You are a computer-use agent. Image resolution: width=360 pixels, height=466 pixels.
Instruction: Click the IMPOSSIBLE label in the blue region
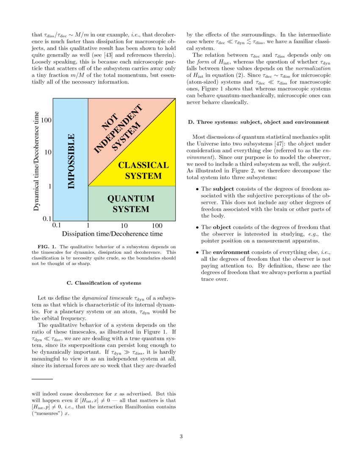[x=71, y=161]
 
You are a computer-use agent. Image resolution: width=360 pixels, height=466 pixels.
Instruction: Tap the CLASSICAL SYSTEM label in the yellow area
[x=143, y=170]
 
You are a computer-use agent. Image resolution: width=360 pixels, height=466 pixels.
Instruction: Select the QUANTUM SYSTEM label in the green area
[x=130, y=204]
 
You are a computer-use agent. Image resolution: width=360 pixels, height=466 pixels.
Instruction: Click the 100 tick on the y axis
[x=46, y=121]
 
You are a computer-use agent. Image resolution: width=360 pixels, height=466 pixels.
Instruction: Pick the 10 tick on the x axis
[x=125, y=226]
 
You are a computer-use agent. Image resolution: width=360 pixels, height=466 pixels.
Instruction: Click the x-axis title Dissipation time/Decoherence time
[x=112, y=234]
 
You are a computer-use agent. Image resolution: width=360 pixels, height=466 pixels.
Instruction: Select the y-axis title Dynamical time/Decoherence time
[x=36, y=161]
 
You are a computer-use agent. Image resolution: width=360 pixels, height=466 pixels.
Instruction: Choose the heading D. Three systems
[x=258, y=122]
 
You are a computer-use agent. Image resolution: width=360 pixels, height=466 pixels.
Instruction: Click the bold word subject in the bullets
[x=223, y=189]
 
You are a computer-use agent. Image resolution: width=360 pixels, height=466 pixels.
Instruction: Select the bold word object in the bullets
[x=222, y=227]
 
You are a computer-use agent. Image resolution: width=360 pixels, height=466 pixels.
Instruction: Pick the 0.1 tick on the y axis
[x=47, y=219]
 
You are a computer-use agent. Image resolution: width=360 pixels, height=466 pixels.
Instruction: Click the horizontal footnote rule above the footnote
[x=42, y=379]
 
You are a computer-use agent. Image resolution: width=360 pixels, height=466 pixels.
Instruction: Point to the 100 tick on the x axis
[x=157, y=226]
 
